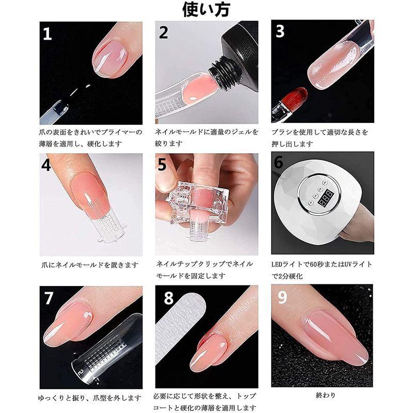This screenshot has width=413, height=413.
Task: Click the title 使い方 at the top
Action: pos(206,9)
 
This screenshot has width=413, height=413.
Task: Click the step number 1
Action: pos(47,34)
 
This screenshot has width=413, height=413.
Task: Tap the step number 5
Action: pos(162,165)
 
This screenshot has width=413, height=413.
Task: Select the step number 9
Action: pos(282,297)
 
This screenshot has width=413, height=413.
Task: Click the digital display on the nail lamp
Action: pos(326,198)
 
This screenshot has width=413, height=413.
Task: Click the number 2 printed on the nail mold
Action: pos(81,372)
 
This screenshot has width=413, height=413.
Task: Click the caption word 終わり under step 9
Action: pos(326,395)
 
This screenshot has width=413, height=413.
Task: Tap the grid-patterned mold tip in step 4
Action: pos(107,225)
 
